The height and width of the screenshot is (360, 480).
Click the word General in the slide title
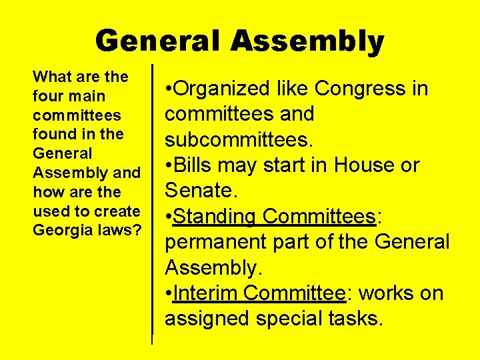[157, 41]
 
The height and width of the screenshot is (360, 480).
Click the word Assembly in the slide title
[307, 41]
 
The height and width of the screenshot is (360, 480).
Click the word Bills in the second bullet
[193, 165]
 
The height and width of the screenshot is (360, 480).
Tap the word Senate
[197, 191]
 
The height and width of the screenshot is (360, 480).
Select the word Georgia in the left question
[57, 230]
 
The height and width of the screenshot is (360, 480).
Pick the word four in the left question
[47, 96]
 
